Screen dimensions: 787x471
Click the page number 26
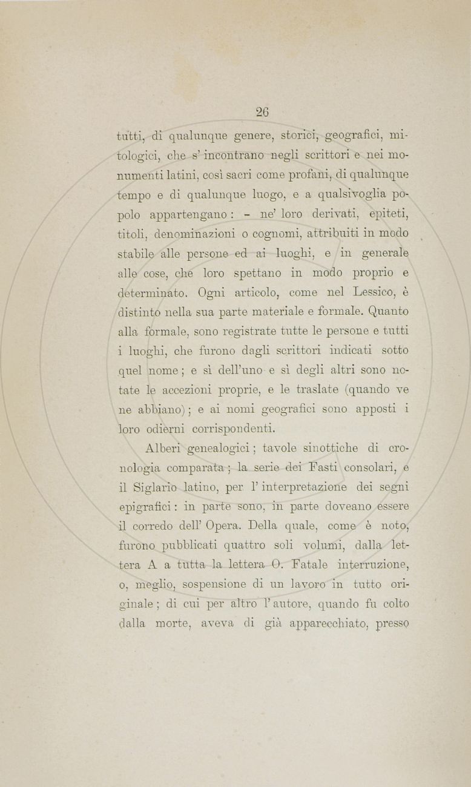(x=262, y=112)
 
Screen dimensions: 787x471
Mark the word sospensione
(x=212, y=585)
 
